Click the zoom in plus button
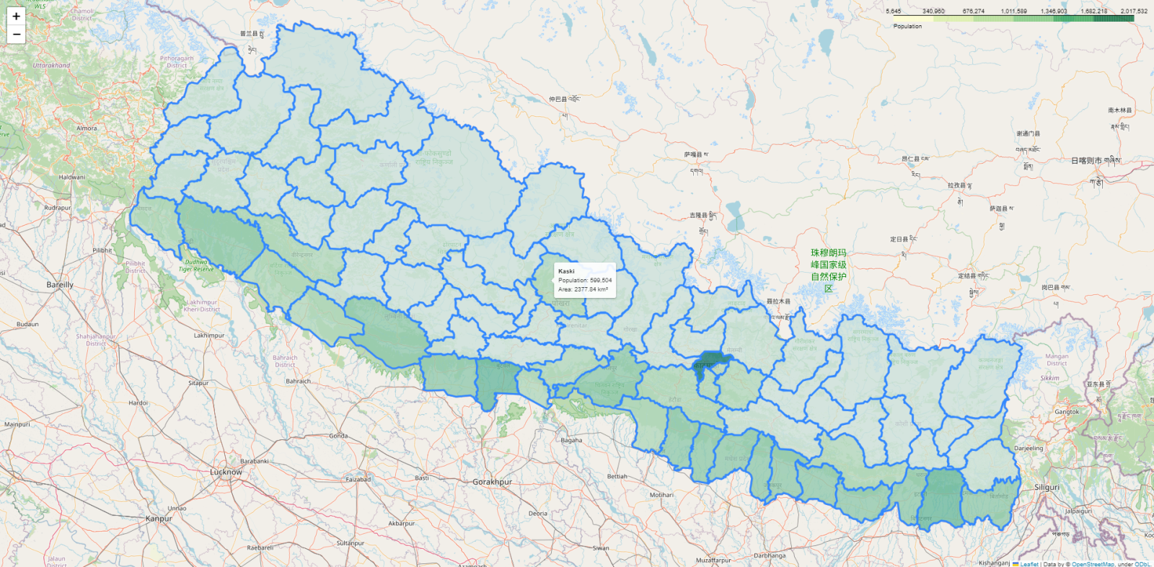click(x=16, y=16)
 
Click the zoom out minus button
click(x=16, y=34)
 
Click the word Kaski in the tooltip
click(x=566, y=271)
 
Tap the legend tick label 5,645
click(x=893, y=11)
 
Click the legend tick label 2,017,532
click(x=1133, y=11)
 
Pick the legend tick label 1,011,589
click(x=1013, y=11)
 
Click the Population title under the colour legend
click(x=907, y=26)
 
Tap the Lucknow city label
click(x=226, y=472)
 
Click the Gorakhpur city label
click(x=492, y=481)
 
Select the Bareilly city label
click(x=60, y=285)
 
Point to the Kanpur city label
click(x=159, y=518)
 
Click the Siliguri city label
click(x=1047, y=487)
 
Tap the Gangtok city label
click(x=1067, y=412)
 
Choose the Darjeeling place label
click(x=1029, y=448)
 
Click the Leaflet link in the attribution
click(x=1029, y=564)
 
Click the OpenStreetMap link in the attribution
click(x=1092, y=564)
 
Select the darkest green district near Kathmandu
click(x=711, y=360)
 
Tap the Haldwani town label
click(x=71, y=177)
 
